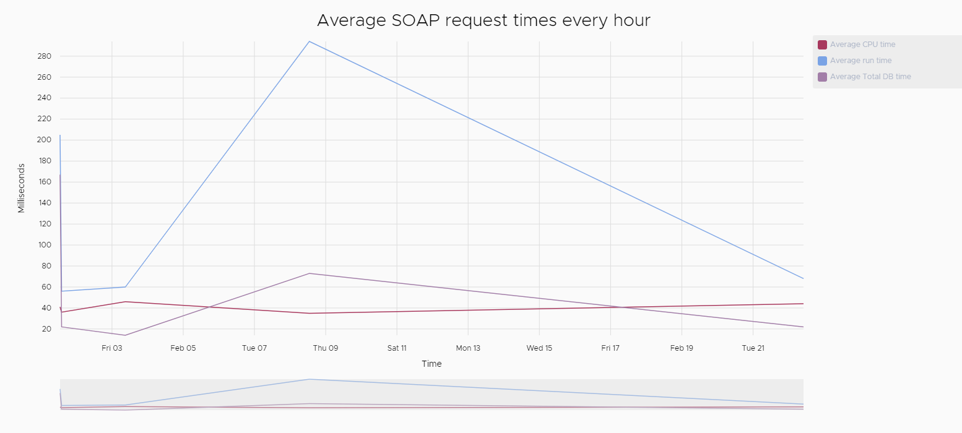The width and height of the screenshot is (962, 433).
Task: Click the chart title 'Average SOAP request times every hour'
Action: [x=483, y=20]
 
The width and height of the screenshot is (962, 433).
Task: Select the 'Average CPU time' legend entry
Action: [x=862, y=45]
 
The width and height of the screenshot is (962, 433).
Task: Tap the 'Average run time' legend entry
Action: [x=860, y=61]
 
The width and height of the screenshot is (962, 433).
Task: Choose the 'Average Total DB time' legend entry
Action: [x=870, y=77]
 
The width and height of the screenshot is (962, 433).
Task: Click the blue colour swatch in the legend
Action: [x=822, y=61]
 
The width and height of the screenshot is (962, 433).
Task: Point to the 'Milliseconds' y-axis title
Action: [x=22, y=188]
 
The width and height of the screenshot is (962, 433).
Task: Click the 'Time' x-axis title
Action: [x=431, y=364]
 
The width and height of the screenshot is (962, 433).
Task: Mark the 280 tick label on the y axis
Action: [x=44, y=56]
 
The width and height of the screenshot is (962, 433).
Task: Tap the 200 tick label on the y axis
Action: [x=44, y=140]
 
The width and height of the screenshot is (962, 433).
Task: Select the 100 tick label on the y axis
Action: [x=44, y=245]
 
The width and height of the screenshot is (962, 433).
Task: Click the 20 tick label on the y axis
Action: [x=46, y=329]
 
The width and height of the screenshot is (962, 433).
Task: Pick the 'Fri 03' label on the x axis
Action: [x=112, y=348]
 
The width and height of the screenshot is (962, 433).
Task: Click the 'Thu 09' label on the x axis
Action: [x=326, y=348]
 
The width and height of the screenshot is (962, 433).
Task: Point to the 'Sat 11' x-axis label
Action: [x=397, y=348]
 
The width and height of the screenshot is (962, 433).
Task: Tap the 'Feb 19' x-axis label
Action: [x=682, y=348]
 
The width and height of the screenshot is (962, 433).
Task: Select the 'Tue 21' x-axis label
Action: [x=753, y=348]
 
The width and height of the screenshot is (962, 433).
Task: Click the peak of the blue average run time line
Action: [x=309, y=41]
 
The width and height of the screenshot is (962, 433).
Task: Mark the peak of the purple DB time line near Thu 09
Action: [x=309, y=273]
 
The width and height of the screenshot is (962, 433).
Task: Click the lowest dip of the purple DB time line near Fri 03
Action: [x=125, y=335]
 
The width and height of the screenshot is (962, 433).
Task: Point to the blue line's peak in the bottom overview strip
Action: [x=309, y=379]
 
